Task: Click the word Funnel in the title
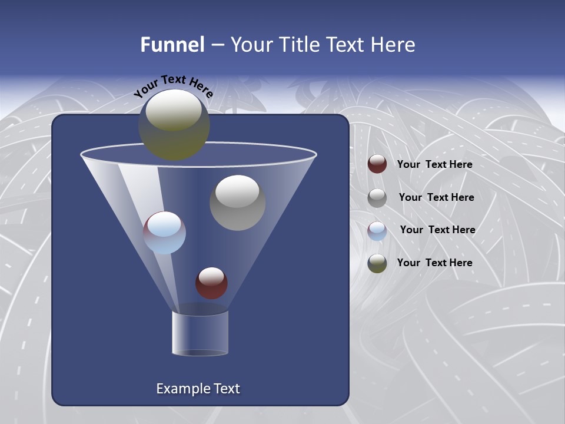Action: (172, 45)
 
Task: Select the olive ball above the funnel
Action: (174, 125)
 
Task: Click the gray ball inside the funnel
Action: (237, 203)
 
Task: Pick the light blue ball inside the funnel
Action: (164, 233)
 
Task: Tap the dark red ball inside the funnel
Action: (211, 283)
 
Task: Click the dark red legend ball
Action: (377, 164)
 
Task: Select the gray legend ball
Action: (377, 198)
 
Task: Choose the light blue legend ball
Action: (377, 231)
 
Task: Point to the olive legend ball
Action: (377, 263)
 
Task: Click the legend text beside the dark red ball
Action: (434, 164)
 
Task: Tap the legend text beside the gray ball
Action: (436, 197)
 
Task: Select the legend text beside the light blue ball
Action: (437, 230)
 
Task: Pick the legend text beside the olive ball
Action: (434, 263)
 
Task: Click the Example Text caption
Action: (198, 389)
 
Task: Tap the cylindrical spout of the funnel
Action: (200, 333)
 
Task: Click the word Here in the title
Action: (394, 45)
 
